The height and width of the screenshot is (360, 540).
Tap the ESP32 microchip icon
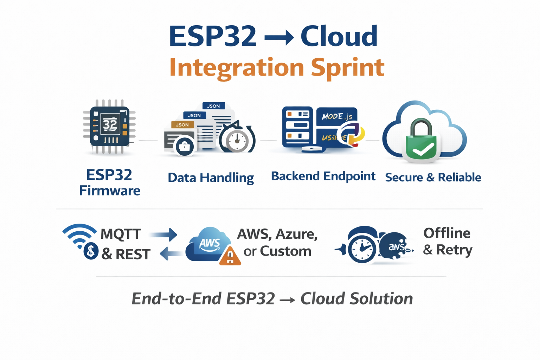point(110,126)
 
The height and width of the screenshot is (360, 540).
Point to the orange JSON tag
point(182,125)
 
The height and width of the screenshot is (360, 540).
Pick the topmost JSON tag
point(213,106)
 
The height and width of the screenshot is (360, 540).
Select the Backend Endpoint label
point(323,176)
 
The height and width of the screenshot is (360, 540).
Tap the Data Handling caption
point(211,178)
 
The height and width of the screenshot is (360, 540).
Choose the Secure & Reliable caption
point(433,178)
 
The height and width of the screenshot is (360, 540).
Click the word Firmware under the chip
point(110,191)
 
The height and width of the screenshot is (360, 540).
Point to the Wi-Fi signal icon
point(79,234)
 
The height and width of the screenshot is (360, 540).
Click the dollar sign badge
point(91,251)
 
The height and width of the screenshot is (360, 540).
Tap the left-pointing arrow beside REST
point(171,253)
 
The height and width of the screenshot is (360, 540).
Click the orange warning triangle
point(230,256)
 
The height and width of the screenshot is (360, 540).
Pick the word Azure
point(297,234)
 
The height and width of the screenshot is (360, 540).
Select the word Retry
point(454,250)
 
